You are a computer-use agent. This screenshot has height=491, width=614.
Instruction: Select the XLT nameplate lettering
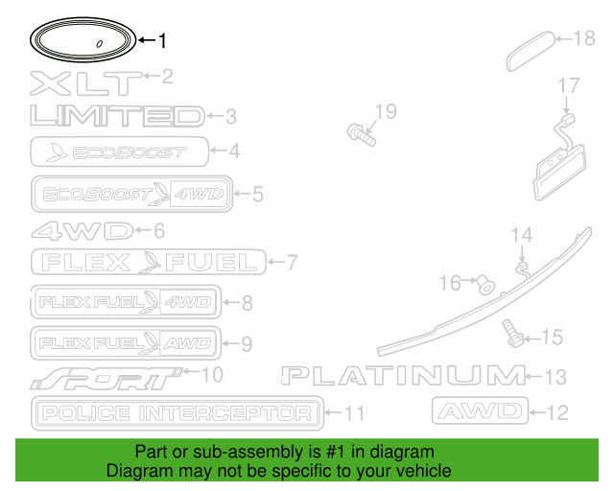point(85,83)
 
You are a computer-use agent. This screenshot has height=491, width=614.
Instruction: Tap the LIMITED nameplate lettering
point(117,116)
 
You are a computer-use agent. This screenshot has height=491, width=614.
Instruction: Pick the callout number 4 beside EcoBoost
point(234,152)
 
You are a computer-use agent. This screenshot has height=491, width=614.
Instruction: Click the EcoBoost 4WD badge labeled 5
point(132,194)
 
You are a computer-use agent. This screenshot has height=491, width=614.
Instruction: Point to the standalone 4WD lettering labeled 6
point(83,231)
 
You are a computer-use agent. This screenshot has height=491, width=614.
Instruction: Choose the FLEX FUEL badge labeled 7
point(149,262)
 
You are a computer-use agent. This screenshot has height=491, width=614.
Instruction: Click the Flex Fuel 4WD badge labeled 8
point(126,302)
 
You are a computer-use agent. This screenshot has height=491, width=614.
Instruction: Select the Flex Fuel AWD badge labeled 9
point(126,343)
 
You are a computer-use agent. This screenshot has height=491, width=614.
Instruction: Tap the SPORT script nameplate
point(106,379)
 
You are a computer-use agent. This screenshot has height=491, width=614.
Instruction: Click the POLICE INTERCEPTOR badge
point(177,413)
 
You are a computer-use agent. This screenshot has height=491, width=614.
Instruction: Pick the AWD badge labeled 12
point(480,410)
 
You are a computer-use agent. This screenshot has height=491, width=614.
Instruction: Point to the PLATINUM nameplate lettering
point(403,375)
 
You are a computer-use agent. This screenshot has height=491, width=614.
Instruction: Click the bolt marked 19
point(362,134)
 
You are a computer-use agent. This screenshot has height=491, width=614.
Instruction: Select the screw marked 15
point(511,333)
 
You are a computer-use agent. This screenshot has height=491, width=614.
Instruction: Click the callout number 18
point(584,38)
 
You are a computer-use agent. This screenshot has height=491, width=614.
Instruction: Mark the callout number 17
point(569,85)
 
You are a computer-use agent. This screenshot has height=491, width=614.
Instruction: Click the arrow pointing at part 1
point(147,40)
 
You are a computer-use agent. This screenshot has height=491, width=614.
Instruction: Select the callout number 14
point(522,235)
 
